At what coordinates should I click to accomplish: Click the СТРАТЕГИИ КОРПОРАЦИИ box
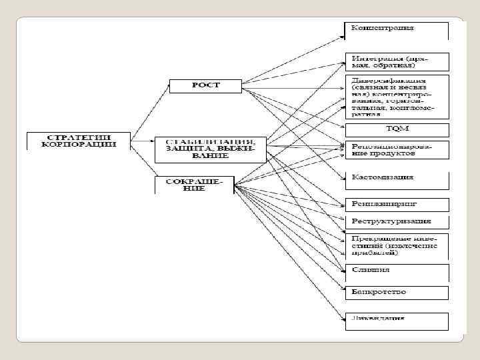point(78,140)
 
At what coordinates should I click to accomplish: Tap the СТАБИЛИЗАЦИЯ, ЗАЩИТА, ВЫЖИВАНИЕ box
point(210,149)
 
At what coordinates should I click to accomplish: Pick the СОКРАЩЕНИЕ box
point(195,184)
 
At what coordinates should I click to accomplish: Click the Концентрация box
point(397,29)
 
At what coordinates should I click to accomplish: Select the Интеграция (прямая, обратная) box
point(397,61)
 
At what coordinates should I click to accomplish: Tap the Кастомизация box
point(397,178)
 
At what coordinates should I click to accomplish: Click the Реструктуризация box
point(397,221)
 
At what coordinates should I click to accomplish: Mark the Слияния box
point(397,271)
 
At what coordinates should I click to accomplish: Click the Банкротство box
point(397,292)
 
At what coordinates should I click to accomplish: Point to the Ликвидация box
point(397,319)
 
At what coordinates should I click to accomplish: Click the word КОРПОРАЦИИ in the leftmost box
point(79,144)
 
